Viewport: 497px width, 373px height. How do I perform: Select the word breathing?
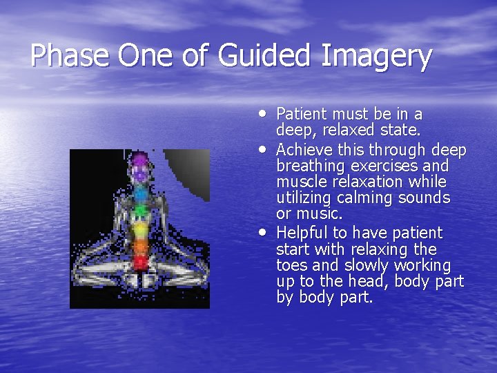(310, 166)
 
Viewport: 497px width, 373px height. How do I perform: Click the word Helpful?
(302, 233)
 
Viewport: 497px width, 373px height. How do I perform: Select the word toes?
(291, 265)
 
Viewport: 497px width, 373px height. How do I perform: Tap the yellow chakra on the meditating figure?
(141, 227)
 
